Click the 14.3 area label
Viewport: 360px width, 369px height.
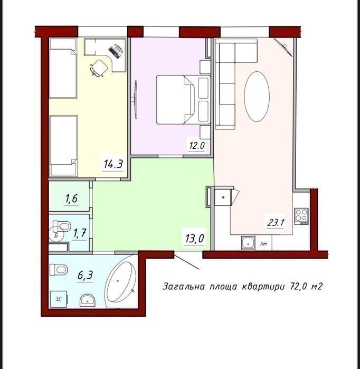[113, 164]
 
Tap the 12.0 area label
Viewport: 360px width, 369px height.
[197, 146]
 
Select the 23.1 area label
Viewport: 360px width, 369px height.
[276, 222]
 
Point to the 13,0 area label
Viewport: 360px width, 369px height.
[194, 239]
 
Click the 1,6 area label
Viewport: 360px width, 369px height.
[71, 198]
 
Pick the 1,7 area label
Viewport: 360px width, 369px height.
[80, 233]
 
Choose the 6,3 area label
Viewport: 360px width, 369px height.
[85, 275]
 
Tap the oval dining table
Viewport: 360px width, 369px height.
[257, 97]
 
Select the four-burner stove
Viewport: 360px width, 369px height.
[301, 216]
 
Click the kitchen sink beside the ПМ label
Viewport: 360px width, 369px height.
[248, 243]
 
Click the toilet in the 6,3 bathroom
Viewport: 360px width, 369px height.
[59, 270]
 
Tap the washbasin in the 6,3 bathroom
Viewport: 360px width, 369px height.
[88, 300]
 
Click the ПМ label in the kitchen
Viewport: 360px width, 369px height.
[263, 244]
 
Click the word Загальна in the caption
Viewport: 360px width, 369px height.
[184, 287]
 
